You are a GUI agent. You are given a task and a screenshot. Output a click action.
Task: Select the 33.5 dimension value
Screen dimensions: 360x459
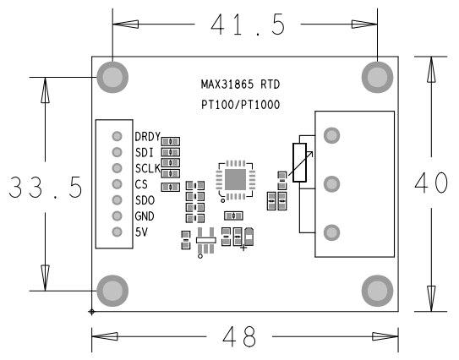pos(45,188)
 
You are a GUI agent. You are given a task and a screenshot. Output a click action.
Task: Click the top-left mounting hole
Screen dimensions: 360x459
pos(112,77)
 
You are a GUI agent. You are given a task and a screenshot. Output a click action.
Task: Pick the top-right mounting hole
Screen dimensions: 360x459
pos(377,77)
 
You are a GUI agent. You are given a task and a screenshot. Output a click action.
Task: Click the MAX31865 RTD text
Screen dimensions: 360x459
pos(239,85)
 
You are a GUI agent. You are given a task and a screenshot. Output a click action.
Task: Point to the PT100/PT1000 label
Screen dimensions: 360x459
pos(239,105)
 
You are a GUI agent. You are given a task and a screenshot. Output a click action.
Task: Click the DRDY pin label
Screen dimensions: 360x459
pos(147,136)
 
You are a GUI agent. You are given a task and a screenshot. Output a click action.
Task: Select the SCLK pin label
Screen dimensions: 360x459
pos(147,168)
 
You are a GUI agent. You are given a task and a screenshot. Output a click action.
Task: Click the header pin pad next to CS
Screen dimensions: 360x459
pos(117,184)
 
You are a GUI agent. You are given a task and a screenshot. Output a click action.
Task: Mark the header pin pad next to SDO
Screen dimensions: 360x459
pos(117,200)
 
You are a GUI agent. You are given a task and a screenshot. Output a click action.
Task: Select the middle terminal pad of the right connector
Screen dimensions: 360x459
pos(332,183)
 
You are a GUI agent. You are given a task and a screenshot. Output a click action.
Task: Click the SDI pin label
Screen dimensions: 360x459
pos(144,152)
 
